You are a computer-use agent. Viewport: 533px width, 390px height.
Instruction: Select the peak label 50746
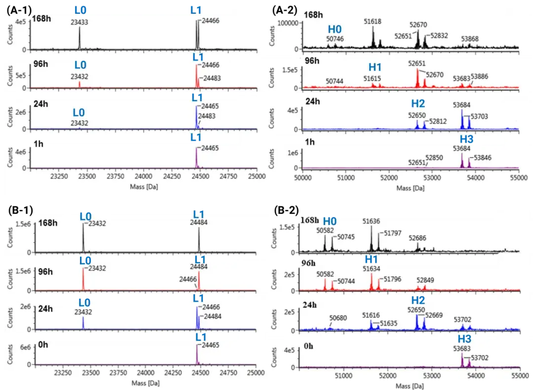(335, 39)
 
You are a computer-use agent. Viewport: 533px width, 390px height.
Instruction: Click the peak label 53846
(482, 157)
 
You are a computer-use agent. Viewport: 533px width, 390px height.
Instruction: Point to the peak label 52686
(418, 237)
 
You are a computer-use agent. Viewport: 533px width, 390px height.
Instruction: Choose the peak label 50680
(339, 318)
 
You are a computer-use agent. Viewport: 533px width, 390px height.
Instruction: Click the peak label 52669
(436, 315)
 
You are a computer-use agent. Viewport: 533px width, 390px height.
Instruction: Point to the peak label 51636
(371, 221)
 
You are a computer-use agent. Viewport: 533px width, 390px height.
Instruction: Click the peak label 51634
(371, 269)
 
